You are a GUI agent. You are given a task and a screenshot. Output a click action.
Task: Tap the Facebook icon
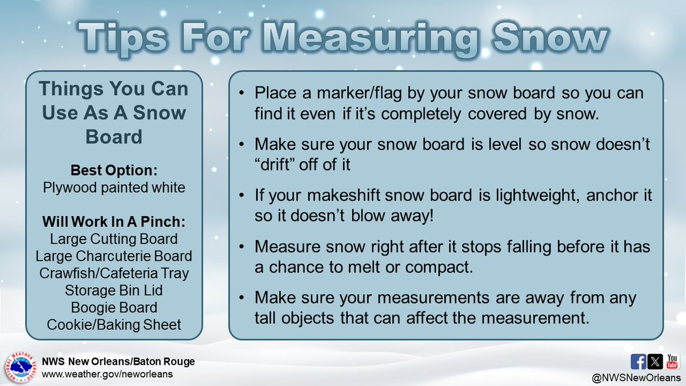(638, 361)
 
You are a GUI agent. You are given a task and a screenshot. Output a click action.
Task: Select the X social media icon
(655, 361)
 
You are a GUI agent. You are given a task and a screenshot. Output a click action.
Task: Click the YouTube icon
(672, 361)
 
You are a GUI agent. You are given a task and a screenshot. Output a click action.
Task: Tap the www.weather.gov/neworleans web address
(106, 374)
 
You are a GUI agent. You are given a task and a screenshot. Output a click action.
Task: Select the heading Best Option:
(113, 170)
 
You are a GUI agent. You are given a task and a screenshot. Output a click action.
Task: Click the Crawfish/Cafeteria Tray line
(113, 273)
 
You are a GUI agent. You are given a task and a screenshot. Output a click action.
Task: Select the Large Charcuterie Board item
(113, 256)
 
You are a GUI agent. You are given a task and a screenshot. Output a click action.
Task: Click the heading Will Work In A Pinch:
(113, 221)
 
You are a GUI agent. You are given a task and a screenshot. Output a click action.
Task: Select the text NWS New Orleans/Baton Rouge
(118, 361)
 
